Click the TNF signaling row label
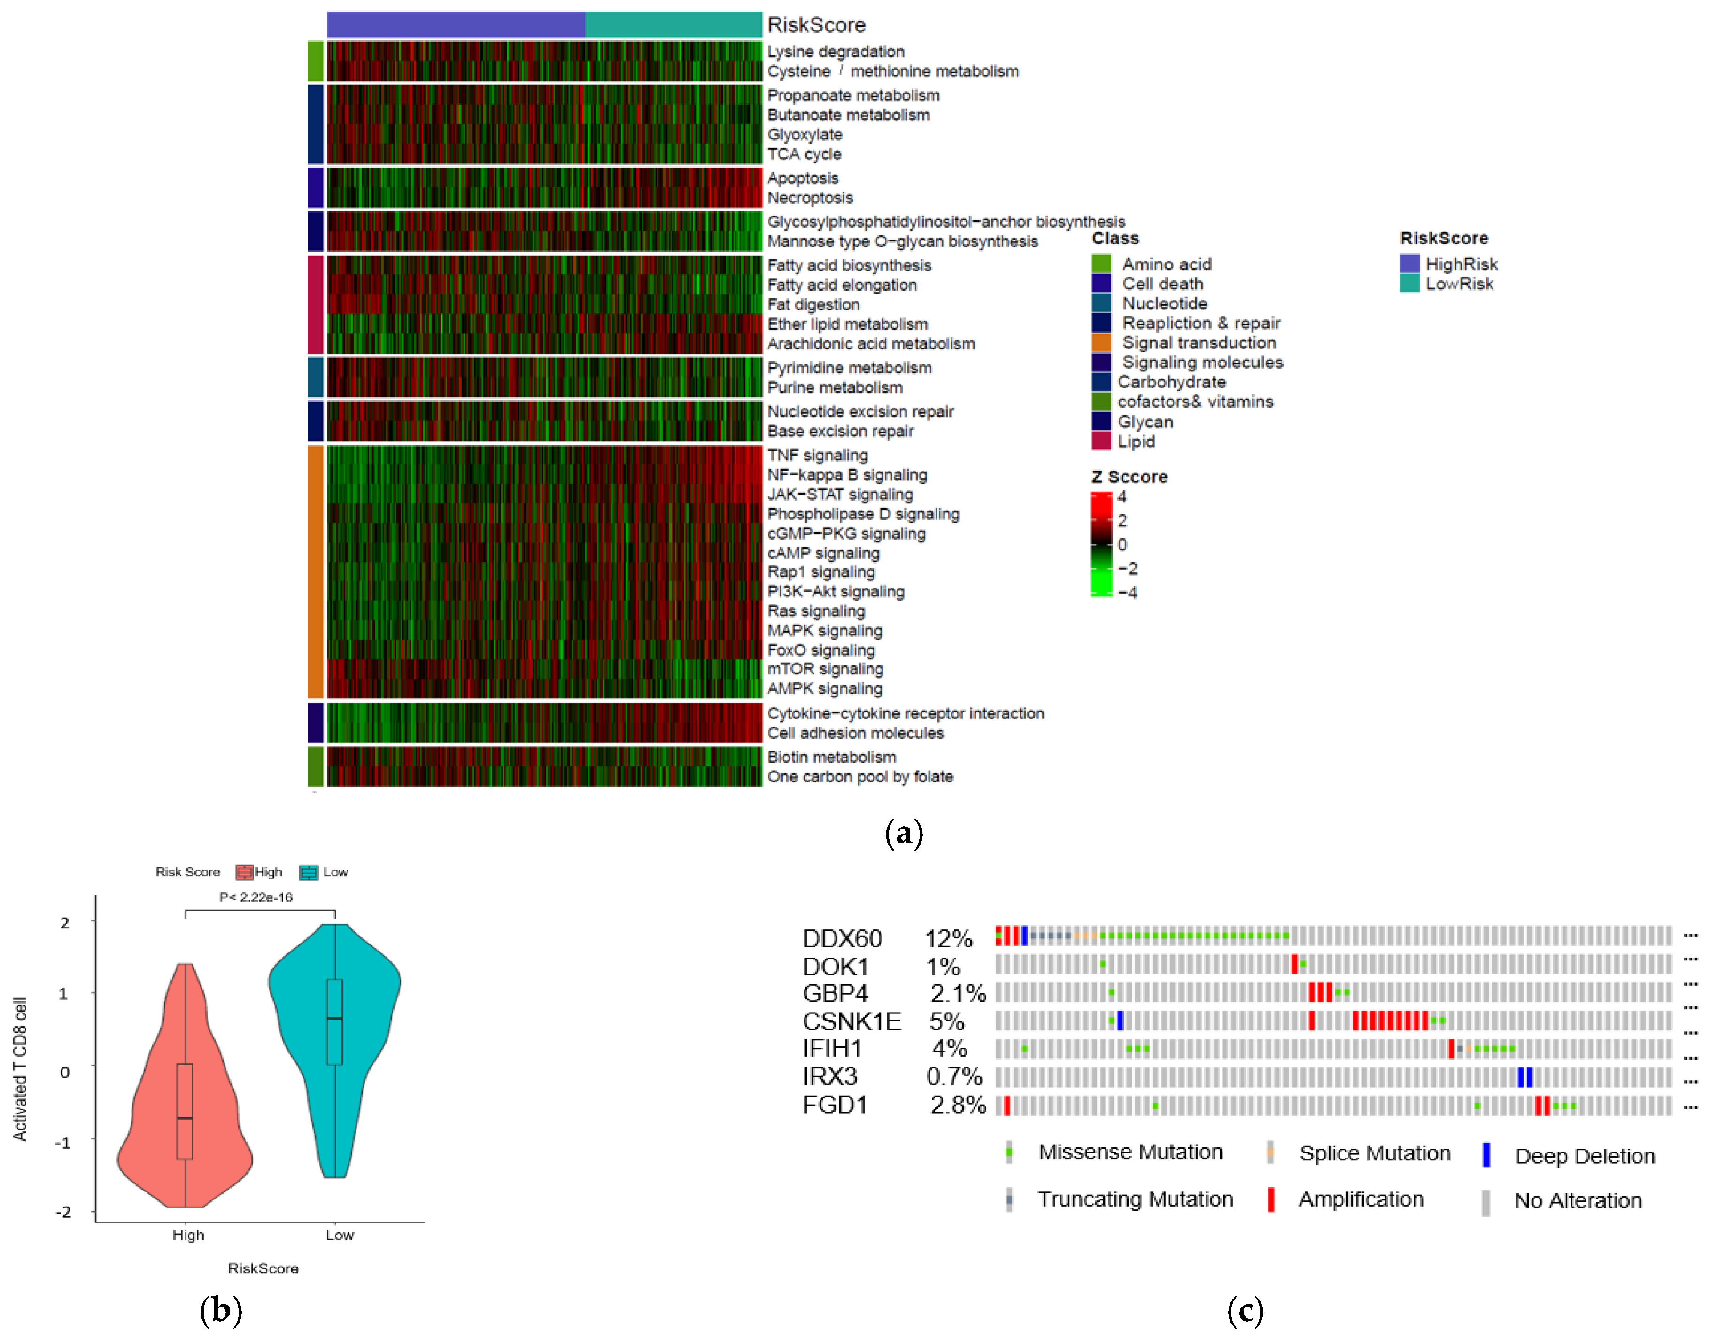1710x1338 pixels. click(x=817, y=455)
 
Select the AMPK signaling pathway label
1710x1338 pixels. click(x=824, y=688)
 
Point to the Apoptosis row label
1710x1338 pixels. click(x=802, y=178)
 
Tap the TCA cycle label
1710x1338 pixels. click(x=804, y=155)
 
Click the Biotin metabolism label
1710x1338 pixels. click(x=831, y=757)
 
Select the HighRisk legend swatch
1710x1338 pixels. click(x=1409, y=263)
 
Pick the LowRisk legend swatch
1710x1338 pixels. click(x=1409, y=284)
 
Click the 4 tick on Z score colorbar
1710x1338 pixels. click(x=1122, y=497)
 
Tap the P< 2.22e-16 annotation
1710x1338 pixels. click(x=255, y=897)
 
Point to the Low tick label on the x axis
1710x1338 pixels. click(x=339, y=1235)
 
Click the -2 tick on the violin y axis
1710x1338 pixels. click(x=62, y=1212)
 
